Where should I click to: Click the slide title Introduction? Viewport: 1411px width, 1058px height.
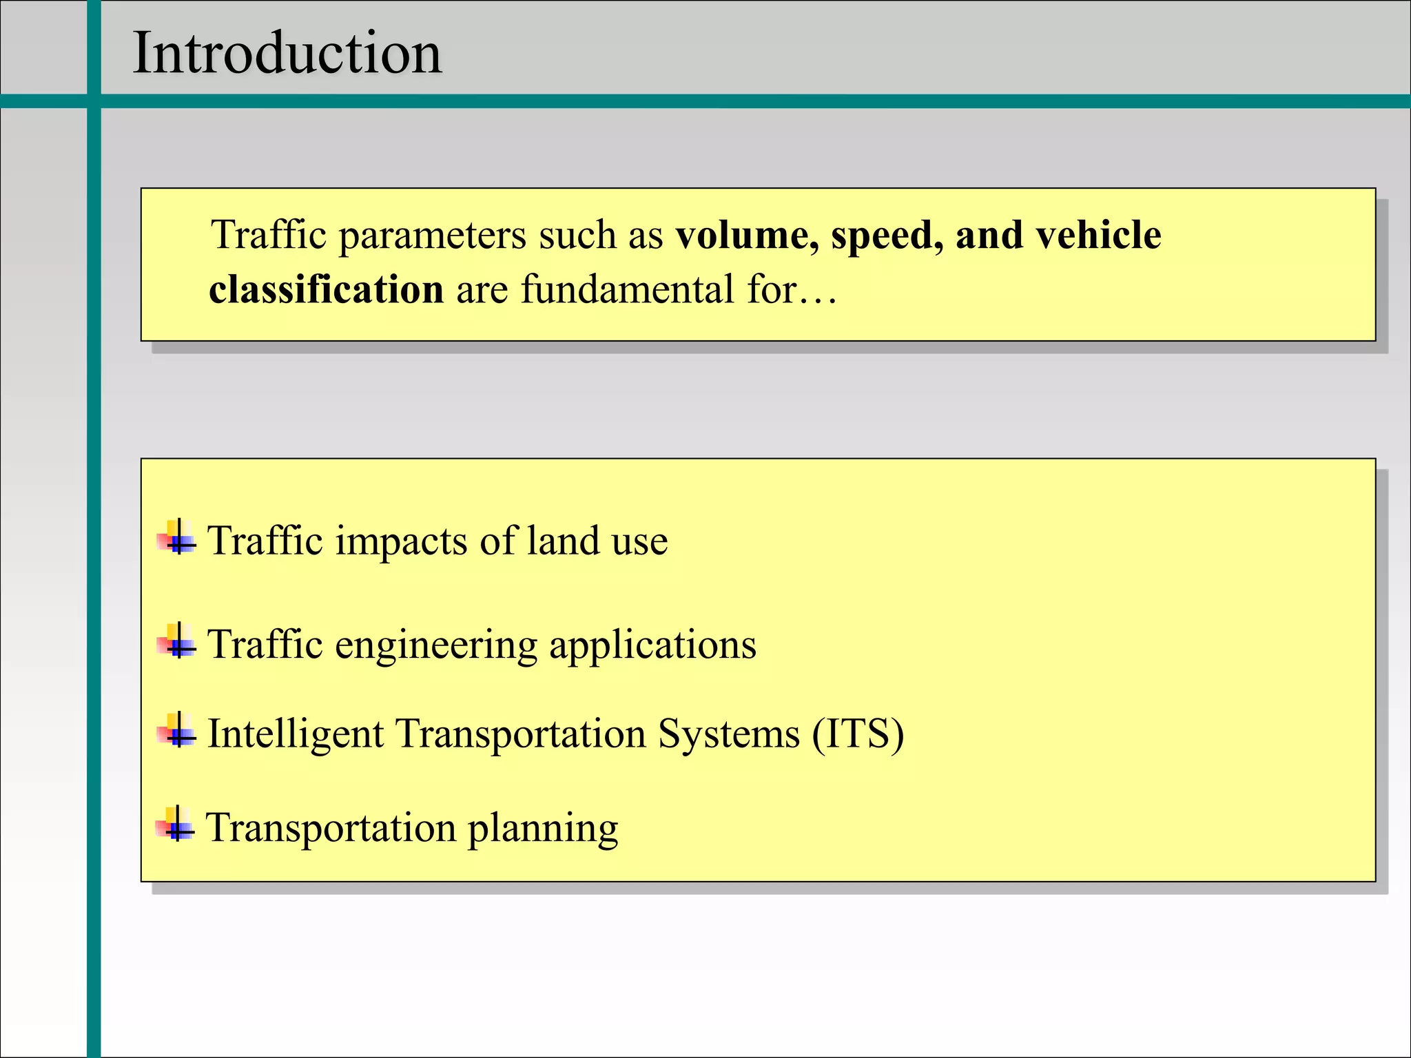pyautogui.click(x=287, y=53)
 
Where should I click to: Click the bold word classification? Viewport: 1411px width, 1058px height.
pyautogui.click(x=326, y=289)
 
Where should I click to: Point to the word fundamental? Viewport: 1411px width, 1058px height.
pyautogui.click(x=628, y=289)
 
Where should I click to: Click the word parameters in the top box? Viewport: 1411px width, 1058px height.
pyautogui.click(x=433, y=236)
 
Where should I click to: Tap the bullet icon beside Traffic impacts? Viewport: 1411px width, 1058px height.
pyautogui.click(x=177, y=538)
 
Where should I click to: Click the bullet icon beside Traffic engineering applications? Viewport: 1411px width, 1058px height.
pyautogui.click(x=177, y=641)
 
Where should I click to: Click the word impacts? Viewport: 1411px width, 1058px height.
pyautogui.click(x=401, y=541)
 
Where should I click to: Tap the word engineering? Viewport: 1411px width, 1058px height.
pyautogui.click(x=435, y=646)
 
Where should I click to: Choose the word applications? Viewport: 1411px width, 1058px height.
pyautogui.click(x=652, y=646)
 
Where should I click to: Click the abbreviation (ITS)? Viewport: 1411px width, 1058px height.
pyautogui.click(x=858, y=734)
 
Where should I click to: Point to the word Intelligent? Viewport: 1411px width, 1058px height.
pyautogui.click(x=296, y=734)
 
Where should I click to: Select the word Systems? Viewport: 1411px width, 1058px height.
pyautogui.click(x=728, y=734)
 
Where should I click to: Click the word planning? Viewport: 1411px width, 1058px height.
pyautogui.click(x=542, y=829)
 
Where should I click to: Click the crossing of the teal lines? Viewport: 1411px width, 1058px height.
pyautogui.click(x=94, y=101)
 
